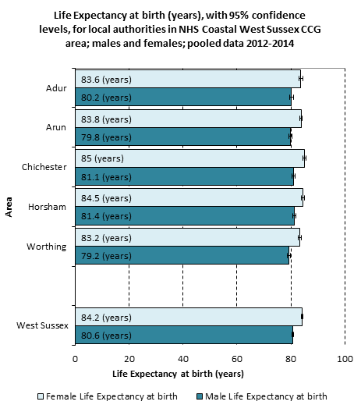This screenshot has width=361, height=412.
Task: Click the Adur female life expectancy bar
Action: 188,79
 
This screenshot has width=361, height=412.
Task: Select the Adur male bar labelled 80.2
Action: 183,97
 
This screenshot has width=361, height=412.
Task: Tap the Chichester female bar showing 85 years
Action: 189,158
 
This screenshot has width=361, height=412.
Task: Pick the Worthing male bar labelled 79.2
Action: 182,255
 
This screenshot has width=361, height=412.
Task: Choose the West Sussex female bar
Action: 189,317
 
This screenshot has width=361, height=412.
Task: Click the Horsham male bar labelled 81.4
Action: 185,215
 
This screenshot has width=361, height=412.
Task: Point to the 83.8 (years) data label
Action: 106,119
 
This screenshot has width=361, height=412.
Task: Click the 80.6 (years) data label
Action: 106,336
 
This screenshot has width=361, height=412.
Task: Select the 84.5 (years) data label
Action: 106,198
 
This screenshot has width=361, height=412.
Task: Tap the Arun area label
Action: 56,127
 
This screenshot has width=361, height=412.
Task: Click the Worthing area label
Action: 47,247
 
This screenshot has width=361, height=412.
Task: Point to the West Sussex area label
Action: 42,325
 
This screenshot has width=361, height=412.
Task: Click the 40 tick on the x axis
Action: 183,359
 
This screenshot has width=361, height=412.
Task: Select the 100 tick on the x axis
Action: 345,359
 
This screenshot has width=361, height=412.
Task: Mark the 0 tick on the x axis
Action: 76,359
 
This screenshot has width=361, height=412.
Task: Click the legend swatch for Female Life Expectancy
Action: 41,396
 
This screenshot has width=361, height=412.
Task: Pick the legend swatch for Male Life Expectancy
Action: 200,396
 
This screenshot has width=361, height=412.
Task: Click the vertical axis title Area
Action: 9,207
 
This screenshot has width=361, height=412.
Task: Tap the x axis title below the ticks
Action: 178,374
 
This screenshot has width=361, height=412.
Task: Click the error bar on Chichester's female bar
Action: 305,158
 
